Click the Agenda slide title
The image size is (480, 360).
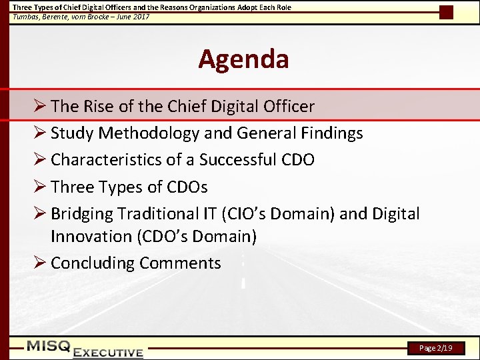(x=243, y=59)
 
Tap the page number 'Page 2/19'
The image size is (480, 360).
(x=436, y=348)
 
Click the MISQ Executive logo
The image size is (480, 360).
(x=85, y=349)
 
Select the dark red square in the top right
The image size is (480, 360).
(x=446, y=12)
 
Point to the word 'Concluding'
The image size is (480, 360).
(x=93, y=263)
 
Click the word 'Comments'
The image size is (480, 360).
(x=180, y=263)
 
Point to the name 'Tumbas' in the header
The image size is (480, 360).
(x=26, y=17)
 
